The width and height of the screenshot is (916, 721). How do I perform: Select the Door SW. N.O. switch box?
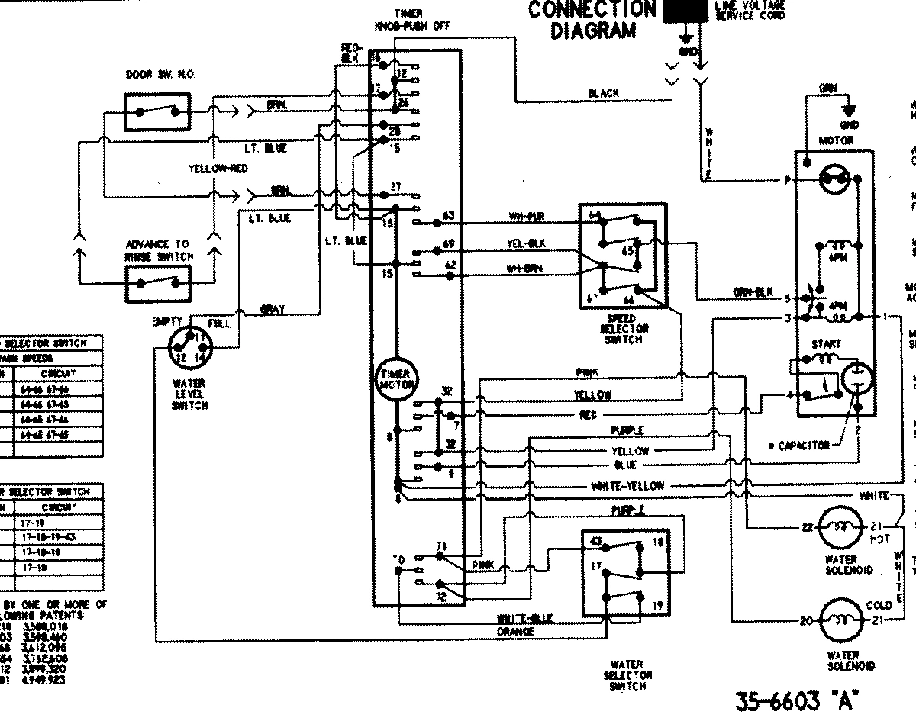[158, 111]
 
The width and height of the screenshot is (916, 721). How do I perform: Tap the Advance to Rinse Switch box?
[158, 282]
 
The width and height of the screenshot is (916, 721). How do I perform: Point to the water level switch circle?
[188, 349]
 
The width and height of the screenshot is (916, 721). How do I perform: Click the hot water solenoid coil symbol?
[840, 527]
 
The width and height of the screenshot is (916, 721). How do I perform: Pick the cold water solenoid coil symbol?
[840, 620]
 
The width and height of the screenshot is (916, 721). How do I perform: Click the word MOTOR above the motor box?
[836, 141]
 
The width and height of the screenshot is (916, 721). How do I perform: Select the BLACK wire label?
[603, 93]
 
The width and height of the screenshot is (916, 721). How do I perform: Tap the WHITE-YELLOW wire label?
[627, 486]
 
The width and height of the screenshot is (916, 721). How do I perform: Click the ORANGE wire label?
[515, 632]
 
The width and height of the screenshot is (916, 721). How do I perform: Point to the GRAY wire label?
[272, 310]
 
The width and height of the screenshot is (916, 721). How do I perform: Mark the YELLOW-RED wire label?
[218, 169]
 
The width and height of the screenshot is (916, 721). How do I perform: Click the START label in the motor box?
[826, 344]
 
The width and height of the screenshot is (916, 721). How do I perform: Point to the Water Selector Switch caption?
[627, 675]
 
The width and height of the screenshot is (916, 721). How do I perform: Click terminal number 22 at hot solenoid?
[807, 527]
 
